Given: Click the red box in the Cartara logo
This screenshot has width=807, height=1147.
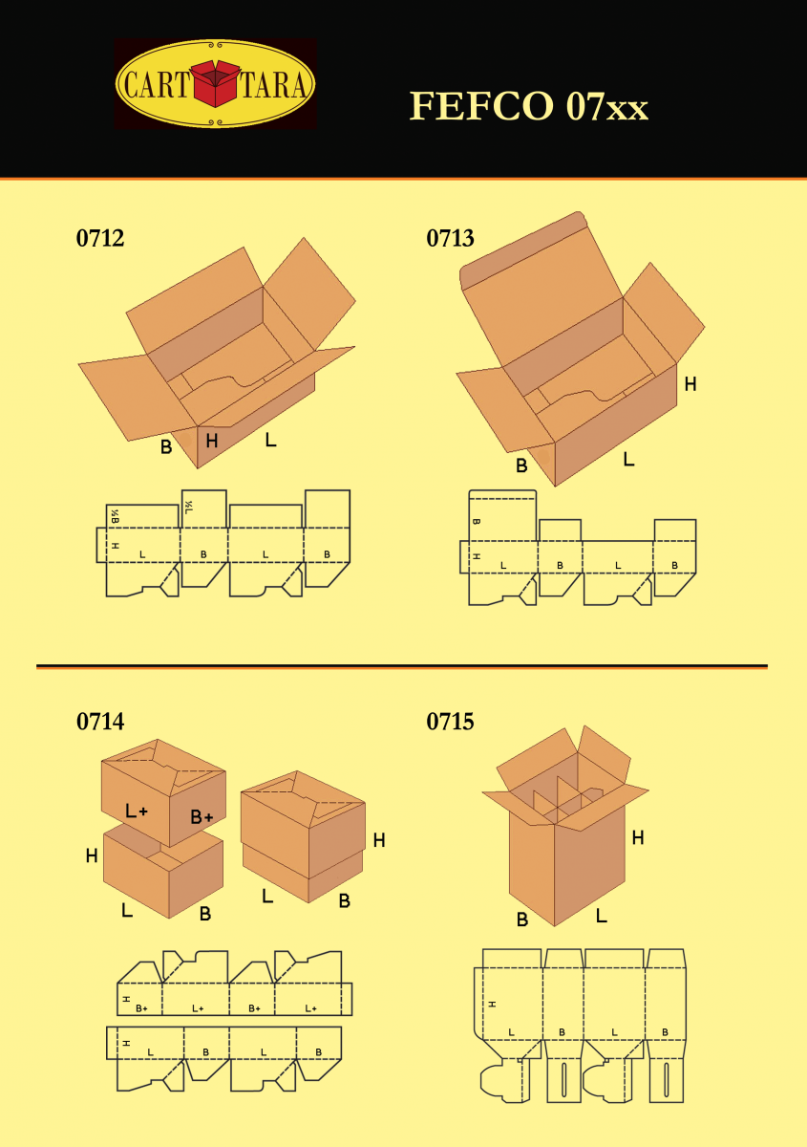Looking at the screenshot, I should point(216,84).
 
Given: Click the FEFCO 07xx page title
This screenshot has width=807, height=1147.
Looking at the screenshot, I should point(529,106).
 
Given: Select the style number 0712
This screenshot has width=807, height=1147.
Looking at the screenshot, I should point(100,239).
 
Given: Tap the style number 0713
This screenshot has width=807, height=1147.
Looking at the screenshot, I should point(450,239).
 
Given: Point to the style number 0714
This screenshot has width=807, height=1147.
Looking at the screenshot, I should point(100,722).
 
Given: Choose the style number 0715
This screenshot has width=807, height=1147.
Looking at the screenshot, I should point(450,722).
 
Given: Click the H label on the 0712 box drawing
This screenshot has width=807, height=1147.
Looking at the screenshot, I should point(212,441).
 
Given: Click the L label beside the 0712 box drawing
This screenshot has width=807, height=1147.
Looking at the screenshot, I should point(271,441).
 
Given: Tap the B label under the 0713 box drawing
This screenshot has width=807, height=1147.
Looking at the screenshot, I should point(521,466).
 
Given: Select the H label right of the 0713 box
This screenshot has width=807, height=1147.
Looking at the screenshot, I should point(690,384).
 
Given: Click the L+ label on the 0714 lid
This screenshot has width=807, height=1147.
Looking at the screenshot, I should point(137,812).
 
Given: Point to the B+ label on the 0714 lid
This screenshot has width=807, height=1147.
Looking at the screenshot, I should point(202,817).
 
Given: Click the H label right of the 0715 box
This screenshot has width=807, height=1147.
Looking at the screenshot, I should point(638,837).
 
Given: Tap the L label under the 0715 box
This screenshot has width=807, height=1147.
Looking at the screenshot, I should point(602,916).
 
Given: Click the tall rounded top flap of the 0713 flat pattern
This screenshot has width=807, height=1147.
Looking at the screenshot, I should point(502,516).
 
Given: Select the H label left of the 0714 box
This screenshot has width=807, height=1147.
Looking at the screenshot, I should point(92,856).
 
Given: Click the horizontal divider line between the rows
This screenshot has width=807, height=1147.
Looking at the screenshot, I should point(401,666).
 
